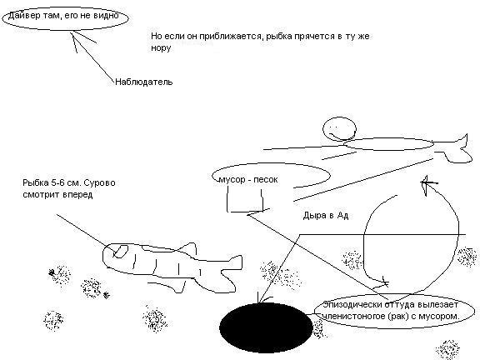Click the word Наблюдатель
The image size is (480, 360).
[144, 82]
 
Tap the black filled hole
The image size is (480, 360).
[266, 327]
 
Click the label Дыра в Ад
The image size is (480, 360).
[326, 216]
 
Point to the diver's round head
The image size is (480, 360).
[339, 129]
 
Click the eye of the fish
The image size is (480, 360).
[121, 251]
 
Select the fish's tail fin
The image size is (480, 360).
[231, 272]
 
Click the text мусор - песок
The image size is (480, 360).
[248, 179]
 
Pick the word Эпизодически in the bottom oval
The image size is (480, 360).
[352, 305]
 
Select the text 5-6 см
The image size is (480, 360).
[65, 183]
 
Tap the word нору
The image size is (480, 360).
[161, 48]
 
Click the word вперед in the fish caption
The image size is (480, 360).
[78, 195]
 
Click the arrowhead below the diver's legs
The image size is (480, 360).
[428, 184]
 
